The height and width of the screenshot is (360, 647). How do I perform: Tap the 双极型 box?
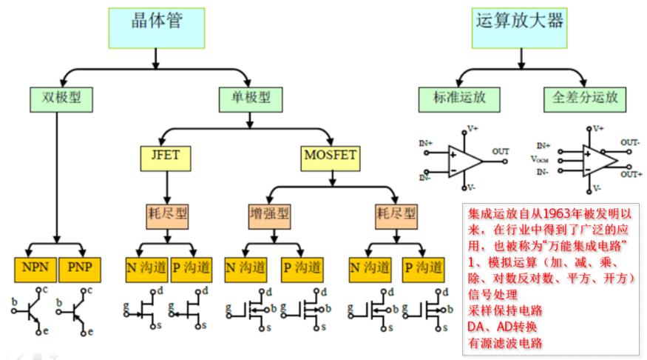pos(57,97)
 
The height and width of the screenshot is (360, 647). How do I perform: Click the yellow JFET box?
pos(165,156)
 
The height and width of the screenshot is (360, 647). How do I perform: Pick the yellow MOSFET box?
pos(331,156)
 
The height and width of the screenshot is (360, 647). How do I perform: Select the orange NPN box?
pos(34,267)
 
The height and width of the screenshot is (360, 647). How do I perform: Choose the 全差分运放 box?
pos(585,97)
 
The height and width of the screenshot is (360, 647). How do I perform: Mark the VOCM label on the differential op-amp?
pos(542,159)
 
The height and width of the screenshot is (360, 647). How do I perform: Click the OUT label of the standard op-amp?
pos(501,152)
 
